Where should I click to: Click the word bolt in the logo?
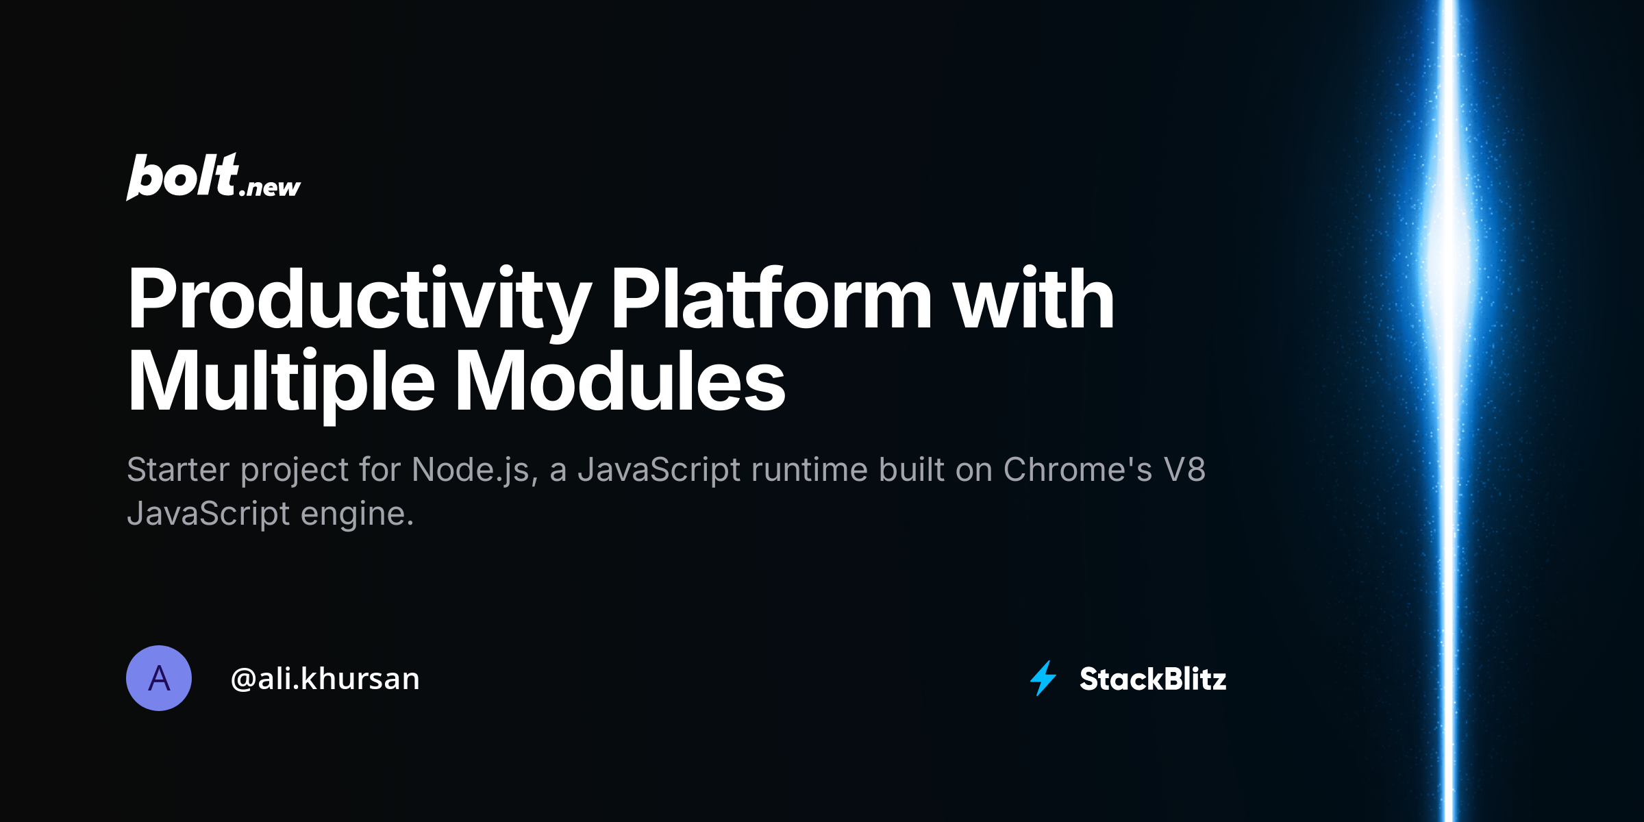pyautogui.click(x=182, y=177)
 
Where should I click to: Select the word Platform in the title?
pyautogui.click(x=771, y=299)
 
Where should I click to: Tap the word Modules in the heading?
pyautogui.click(x=620, y=381)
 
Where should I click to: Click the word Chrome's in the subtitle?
pyautogui.click(x=1078, y=470)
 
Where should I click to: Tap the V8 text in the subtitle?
pyautogui.click(x=1184, y=470)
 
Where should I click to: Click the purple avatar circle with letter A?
pyautogui.click(x=159, y=678)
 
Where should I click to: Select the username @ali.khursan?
pyautogui.click(x=325, y=679)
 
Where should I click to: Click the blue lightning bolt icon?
pyautogui.click(x=1043, y=678)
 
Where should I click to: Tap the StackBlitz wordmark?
pyautogui.click(x=1153, y=679)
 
